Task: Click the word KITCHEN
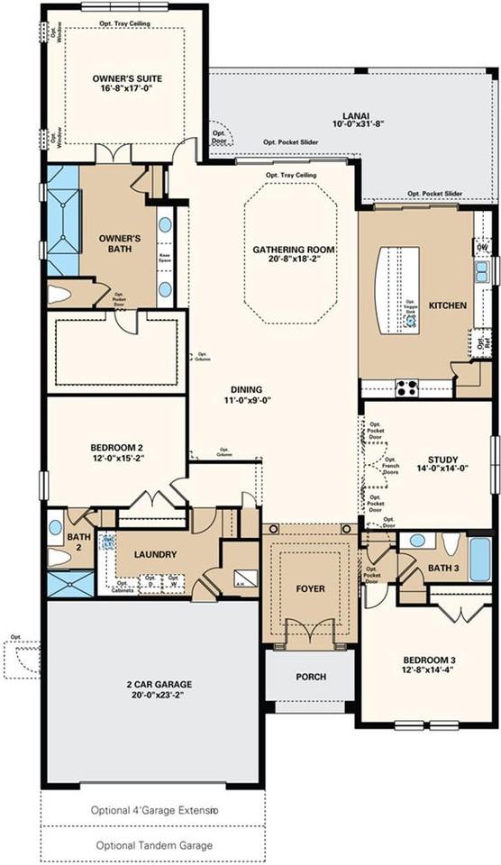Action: click(448, 305)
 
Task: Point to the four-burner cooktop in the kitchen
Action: click(406, 388)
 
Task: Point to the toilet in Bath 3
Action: click(451, 543)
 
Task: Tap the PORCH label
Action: click(310, 677)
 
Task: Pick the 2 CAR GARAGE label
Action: click(151, 684)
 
